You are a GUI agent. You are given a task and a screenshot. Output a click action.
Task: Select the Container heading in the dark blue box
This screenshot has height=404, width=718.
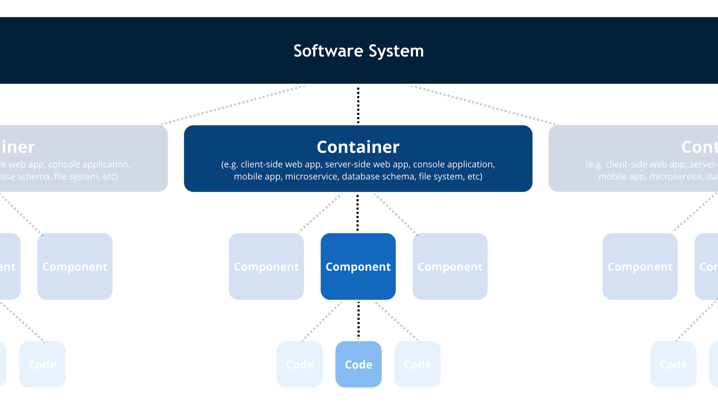358,147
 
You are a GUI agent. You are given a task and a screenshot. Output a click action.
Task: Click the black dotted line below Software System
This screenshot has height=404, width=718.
358,105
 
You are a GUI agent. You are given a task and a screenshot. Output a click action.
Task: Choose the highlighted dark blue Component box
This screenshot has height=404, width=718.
358,266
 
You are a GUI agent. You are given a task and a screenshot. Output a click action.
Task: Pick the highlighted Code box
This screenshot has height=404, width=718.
358,364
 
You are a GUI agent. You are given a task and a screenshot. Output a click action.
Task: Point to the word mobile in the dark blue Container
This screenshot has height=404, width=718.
247,177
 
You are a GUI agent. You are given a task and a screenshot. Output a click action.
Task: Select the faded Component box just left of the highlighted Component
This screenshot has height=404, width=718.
266,266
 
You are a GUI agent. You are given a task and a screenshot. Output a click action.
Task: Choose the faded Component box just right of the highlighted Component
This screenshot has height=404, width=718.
450,266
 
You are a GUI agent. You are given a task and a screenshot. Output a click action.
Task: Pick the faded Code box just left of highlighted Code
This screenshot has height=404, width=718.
299,364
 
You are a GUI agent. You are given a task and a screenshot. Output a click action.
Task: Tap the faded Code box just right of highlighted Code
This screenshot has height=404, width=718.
417,364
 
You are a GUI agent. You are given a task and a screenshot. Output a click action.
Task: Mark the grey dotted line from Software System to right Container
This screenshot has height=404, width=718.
485,105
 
